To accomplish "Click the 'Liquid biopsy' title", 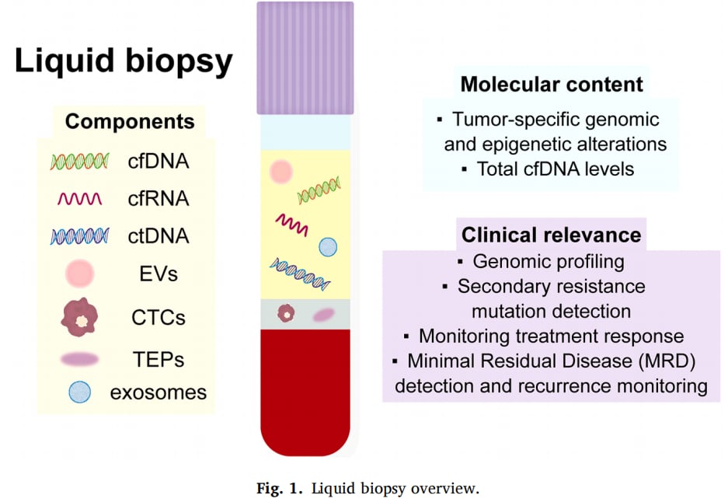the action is [124, 61].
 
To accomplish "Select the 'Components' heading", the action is [130, 122].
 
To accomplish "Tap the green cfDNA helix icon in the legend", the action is [80, 161].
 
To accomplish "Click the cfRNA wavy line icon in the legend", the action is [80, 199].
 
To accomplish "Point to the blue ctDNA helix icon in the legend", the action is [80, 236].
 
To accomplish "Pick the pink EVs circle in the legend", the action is [80, 273].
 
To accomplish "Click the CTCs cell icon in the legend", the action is [80, 317].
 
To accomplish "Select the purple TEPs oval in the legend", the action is [79, 359].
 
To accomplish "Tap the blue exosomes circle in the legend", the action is [80, 392].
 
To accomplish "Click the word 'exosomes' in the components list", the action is [158, 392].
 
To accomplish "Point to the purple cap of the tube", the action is [305, 58].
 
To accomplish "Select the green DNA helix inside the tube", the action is [319, 190].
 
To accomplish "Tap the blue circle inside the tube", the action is [328, 247].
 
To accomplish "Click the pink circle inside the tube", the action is [281, 172].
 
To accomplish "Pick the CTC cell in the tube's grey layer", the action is [286, 313].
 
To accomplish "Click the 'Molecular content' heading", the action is [552, 85].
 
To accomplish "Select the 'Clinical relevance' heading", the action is [551, 235].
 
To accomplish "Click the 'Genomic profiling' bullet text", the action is [549, 262].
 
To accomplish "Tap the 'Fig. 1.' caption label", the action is [280, 489].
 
